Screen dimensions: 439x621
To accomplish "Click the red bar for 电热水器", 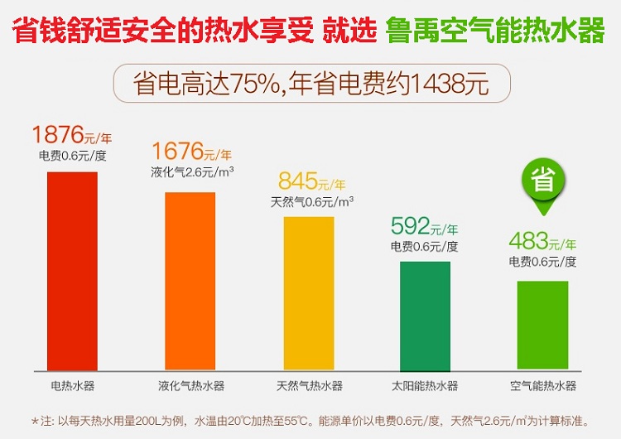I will click(72, 271).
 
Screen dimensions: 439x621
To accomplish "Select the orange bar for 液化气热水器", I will click(190, 281).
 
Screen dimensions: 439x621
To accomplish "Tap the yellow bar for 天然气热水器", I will click(309, 293).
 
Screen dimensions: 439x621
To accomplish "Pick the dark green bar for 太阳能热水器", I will click(425, 316).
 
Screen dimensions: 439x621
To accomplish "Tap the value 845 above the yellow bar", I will click(296, 181).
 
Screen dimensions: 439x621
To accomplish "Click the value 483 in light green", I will click(530, 241).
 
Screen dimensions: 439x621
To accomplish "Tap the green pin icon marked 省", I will click(542, 181).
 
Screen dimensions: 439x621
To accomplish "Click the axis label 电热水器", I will click(72, 386).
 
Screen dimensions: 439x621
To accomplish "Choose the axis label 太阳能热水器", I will click(425, 386).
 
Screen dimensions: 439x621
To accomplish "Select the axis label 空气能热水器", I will click(542, 386).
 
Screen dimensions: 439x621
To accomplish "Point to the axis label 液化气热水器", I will click(190, 386).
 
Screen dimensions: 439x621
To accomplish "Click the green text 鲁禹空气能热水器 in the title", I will click(494, 31).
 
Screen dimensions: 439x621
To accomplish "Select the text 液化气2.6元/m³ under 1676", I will click(192, 172).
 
